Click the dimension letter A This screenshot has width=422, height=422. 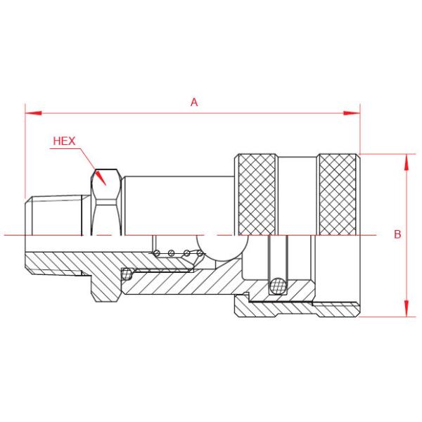pyautogui.click(x=194, y=102)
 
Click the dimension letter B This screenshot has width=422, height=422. pyautogui.click(x=397, y=234)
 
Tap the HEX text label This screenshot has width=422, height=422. pyautogui.click(x=64, y=141)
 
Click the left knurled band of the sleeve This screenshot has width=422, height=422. pyautogui.click(x=257, y=193)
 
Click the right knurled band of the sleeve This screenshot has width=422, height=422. pyautogui.click(x=338, y=193)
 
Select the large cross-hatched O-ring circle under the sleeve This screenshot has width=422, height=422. pyautogui.click(x=279, y=286)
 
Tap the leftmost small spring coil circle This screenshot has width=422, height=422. pyautogui.click(x=159, y=253)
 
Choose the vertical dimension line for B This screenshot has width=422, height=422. pyautogui.click(x=406, y=267)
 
